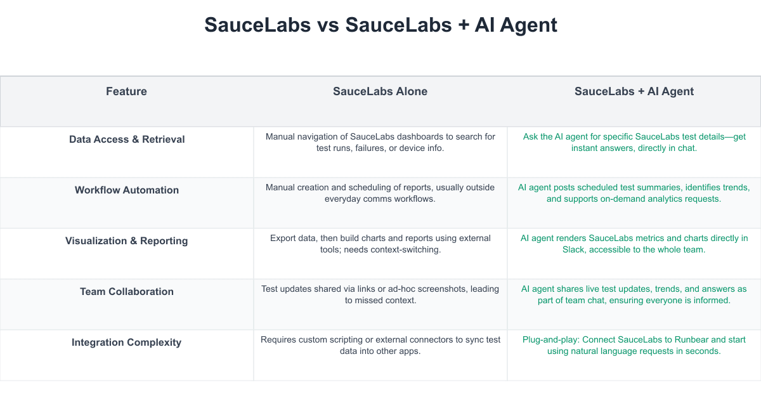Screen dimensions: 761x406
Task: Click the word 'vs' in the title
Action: pyautogui.click(x=328, y=25)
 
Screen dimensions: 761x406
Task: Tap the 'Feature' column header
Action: pyautogui.click(x=126, y=91)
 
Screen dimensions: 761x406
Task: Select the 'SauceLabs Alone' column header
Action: pyautogui.click(x=380, y=91)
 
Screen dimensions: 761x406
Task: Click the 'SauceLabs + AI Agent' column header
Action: pyautogui.click(x=634, y=91)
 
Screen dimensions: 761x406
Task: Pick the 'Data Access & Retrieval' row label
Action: pyautogui.click(x=127, y=140)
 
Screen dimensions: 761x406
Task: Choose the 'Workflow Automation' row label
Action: pyautogui.click(x=127, y=190)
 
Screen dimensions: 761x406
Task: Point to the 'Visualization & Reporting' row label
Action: pyautogui.click(x=126, y=241)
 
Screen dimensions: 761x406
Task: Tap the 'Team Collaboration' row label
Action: pyautogui.click(x=127, y=292)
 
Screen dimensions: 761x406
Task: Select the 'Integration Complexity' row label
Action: pyautogui.click(x=126, y=343)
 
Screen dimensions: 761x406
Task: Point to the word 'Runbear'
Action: pyautogui.click(x=691, y=340)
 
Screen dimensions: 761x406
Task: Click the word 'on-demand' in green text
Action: pyautogui.click(x=623, y=199)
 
